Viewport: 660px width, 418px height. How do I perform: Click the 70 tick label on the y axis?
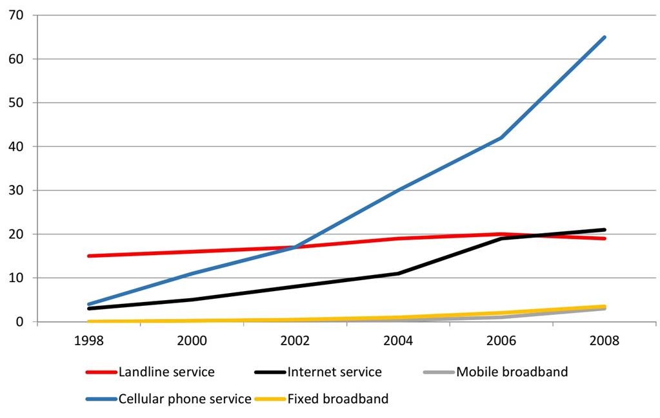[16, 15]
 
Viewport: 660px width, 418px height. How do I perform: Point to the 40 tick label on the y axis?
[16, 147]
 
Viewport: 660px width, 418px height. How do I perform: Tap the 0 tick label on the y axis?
[20, 322]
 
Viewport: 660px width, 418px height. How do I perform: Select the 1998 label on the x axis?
[89, 340]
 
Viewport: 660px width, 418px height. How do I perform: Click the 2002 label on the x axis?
[295, 340]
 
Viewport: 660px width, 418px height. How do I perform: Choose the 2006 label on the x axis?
[501, 340]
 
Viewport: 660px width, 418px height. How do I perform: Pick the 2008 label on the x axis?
[605, 340]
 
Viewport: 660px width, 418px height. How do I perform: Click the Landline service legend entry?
[150, 372]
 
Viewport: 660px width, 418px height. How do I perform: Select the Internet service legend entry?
[318, 372]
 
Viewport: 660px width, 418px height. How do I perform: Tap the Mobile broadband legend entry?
[496, 372]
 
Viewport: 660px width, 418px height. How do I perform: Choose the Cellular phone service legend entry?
[169, 399]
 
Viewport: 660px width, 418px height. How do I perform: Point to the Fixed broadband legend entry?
[321, 399]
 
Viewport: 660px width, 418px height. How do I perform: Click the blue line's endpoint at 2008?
[605, 37]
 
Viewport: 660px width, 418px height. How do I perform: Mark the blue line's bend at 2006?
[501, 138]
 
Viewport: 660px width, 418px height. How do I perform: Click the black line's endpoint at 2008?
[605, 230]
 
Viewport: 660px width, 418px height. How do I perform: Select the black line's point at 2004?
[398, 274]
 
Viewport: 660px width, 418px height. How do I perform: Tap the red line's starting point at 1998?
[89, 256]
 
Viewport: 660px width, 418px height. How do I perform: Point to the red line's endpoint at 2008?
[605, 238]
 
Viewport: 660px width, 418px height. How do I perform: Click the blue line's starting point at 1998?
[89, 304]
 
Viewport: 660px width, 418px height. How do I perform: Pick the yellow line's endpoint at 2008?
[605, 307]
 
